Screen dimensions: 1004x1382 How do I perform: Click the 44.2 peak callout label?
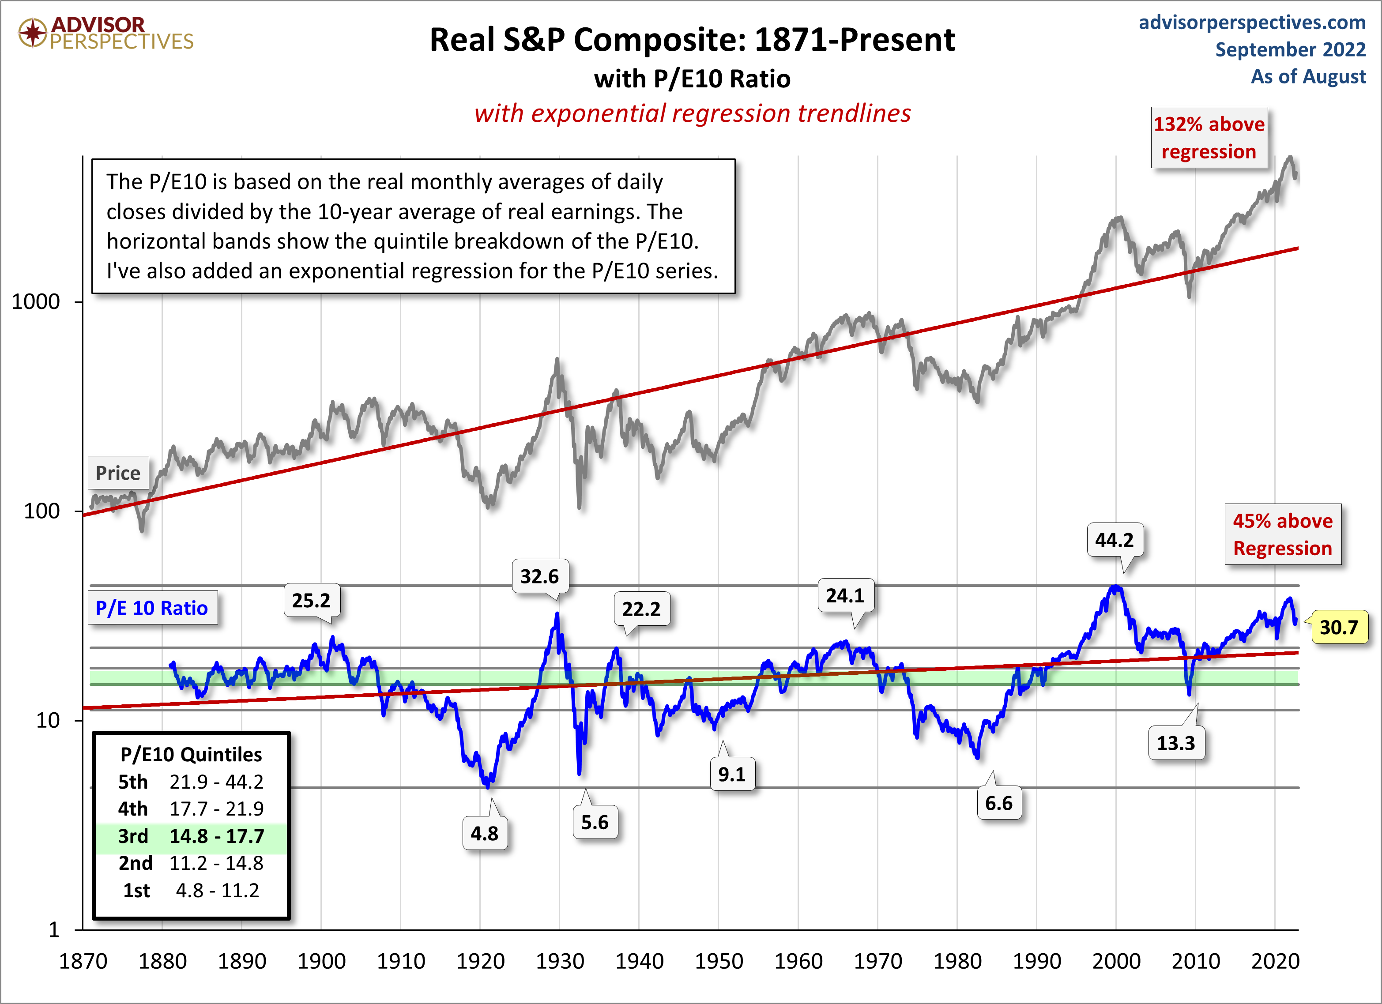tap(1114, 540)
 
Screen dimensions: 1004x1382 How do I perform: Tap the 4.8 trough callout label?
tap(485, 833)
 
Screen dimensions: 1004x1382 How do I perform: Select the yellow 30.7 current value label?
tap(1338, 627)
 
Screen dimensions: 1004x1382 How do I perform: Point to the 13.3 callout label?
tap(1175, 743)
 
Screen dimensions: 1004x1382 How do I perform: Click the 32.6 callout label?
tap(539, 576)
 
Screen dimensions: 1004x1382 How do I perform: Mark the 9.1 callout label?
tap(731, 775)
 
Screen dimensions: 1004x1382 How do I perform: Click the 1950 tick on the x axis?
tap(719, 961)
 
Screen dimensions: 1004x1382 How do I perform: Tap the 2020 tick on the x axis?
tap(1275, 961)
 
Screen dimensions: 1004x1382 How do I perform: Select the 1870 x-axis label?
tap(83, 961)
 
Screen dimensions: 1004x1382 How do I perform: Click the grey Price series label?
tap(118, 473)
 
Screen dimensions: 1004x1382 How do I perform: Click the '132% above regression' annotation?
tap(1209, 138)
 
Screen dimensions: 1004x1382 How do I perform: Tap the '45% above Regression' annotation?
tap(1283, 534)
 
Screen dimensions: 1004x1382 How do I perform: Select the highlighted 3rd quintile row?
tap(191, 836)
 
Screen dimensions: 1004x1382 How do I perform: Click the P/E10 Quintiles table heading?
tap(191, 754)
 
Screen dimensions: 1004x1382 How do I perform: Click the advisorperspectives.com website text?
tap(1252, 23)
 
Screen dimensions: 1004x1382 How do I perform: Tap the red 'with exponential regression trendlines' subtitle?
tap(692, 113)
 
